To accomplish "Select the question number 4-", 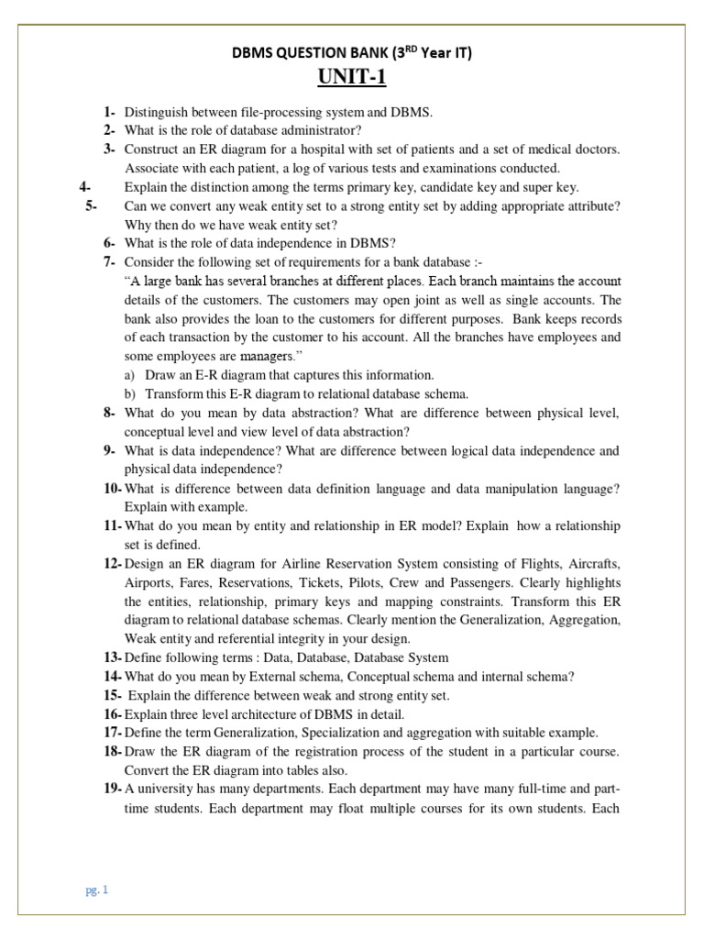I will coord(87,187).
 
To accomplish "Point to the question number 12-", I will coord(113,563).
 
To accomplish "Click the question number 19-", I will coord(113,788).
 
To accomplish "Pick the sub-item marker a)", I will coord(129,375).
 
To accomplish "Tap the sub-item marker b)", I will coord(129,393).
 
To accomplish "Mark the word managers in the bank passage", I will coord(262,356).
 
